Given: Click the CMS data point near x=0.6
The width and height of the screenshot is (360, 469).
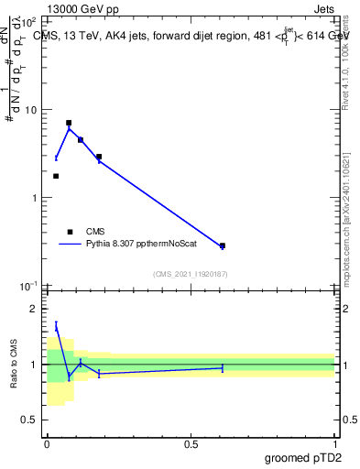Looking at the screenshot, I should point(223,245).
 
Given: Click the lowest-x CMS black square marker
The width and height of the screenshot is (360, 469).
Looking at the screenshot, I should point(56,176).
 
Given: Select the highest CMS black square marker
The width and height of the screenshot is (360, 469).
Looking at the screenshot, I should point(69,123).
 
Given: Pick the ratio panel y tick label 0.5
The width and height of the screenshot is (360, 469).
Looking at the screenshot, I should point(30,420).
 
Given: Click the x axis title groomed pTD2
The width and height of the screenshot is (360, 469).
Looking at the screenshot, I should point(301,458).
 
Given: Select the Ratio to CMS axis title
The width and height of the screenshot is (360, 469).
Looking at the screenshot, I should point(14,365).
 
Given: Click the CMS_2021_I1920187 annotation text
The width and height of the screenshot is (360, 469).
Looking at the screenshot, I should point(191,274).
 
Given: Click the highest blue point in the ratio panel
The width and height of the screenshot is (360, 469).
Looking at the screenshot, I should point(56,327).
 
